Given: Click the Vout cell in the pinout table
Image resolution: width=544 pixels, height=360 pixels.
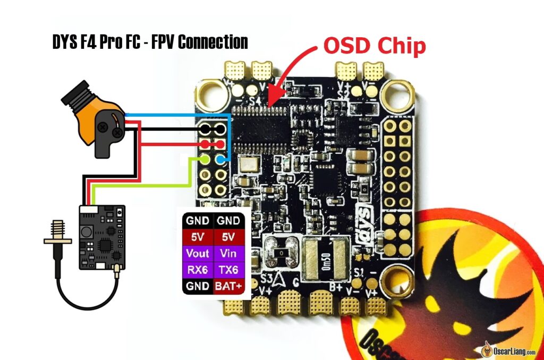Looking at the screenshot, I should tap(198, 253).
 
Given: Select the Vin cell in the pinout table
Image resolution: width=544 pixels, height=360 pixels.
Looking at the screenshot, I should tap(229, 253).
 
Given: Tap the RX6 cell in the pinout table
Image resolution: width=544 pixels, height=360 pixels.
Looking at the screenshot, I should tap(198, 270).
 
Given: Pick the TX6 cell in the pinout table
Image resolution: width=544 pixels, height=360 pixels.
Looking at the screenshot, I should tap(229, 270).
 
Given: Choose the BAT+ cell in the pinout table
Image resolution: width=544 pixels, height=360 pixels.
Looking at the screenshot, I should tap(229, 286).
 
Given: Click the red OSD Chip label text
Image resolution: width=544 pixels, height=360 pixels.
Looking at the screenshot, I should tap(375, 47).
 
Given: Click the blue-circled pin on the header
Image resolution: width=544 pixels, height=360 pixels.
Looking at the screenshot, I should tap(220, 159).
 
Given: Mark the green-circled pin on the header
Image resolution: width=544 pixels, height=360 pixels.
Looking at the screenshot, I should tap(205, 159).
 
